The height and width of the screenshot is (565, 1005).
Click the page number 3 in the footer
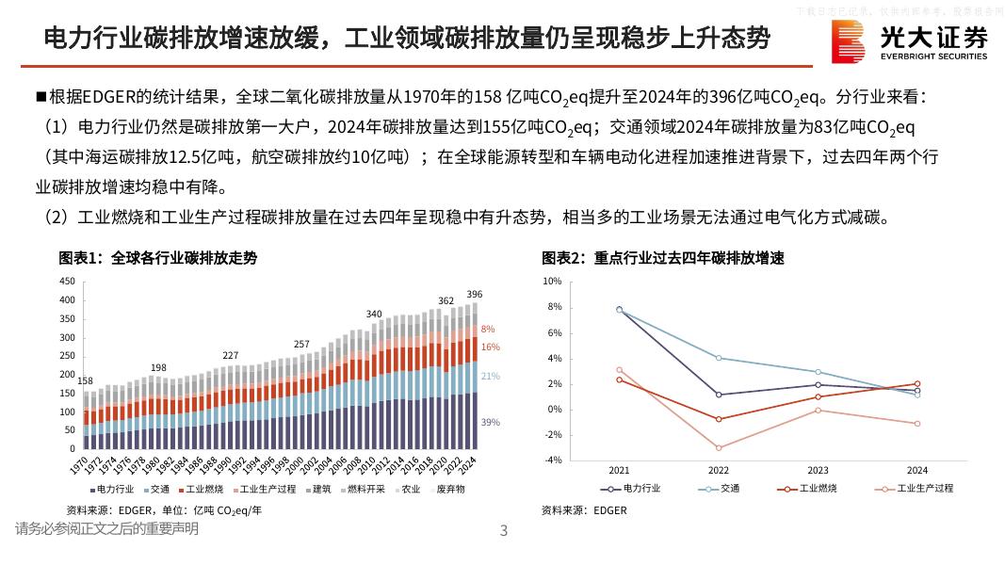pyautogui.click(x=503, y=531)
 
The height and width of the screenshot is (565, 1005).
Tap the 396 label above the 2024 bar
pyautogui.click(x=474, y=295)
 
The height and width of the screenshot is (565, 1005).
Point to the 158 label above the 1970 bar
pyautogui.click(x=85, y=381)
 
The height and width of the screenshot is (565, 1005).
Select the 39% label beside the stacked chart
pyautogui.click(x=490, y=423)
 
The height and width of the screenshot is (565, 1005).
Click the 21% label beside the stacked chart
pyautogui.click(x=490, y=377)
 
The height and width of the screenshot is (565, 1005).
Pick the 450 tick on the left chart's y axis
pyautogui.click(x=66, y=282)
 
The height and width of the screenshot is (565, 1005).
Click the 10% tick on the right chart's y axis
pyautogui.click(x=553, y=282)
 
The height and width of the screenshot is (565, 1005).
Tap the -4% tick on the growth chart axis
pyautogui.click(x=553, y=460)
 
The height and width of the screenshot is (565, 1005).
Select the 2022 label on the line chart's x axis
pyautogui.click(x=719, y=470)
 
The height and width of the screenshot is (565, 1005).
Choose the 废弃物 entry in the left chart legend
pyautogui.click(x=448, y=490)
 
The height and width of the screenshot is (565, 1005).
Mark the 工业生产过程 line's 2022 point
pyautogui.click(x=719, y=448)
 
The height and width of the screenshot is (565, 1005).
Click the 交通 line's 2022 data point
pyautogui.click(x=719, y=358)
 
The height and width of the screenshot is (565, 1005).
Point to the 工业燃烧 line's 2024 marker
pyautogui.click(x=917, y=384)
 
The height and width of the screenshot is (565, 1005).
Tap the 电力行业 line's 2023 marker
pyautogui.click(x=819, y=384)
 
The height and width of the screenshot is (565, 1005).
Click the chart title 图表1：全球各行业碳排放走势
pyautogui.click(x=158, y=258)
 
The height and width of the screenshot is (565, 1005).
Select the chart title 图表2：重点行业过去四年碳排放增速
pyautogui.click(x=663, y=258)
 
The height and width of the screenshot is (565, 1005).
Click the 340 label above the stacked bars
pyautogui.click(x=374, y=314)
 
